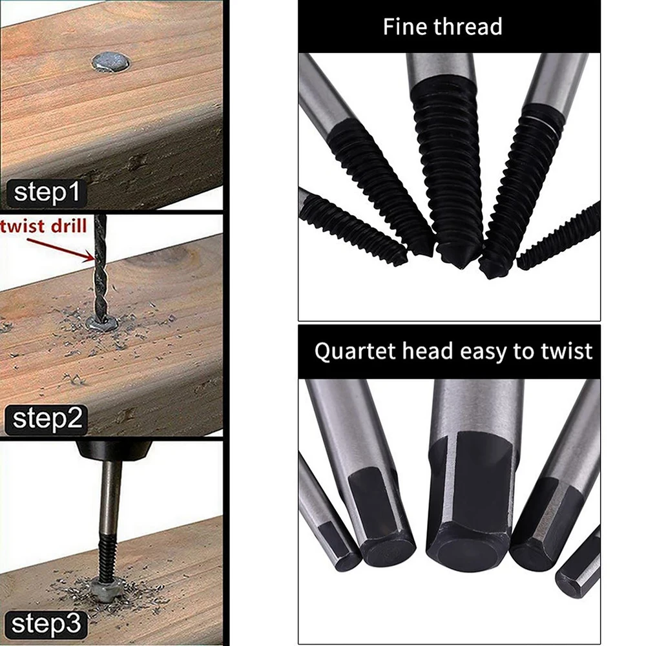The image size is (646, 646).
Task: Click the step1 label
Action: (46, 193)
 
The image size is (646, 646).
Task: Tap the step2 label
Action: (46, 419)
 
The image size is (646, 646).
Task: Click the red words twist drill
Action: (43, 226)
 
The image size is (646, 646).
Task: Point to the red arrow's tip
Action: (94, 258)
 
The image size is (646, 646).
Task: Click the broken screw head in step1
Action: (110, 62)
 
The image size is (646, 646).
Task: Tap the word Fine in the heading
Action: (405, 26)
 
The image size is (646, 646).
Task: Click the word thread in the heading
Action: (468, 26)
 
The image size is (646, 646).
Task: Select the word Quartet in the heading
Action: (355, 352)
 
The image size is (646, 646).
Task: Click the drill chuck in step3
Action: (114, 451)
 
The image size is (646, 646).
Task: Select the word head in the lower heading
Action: (428, 351)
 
